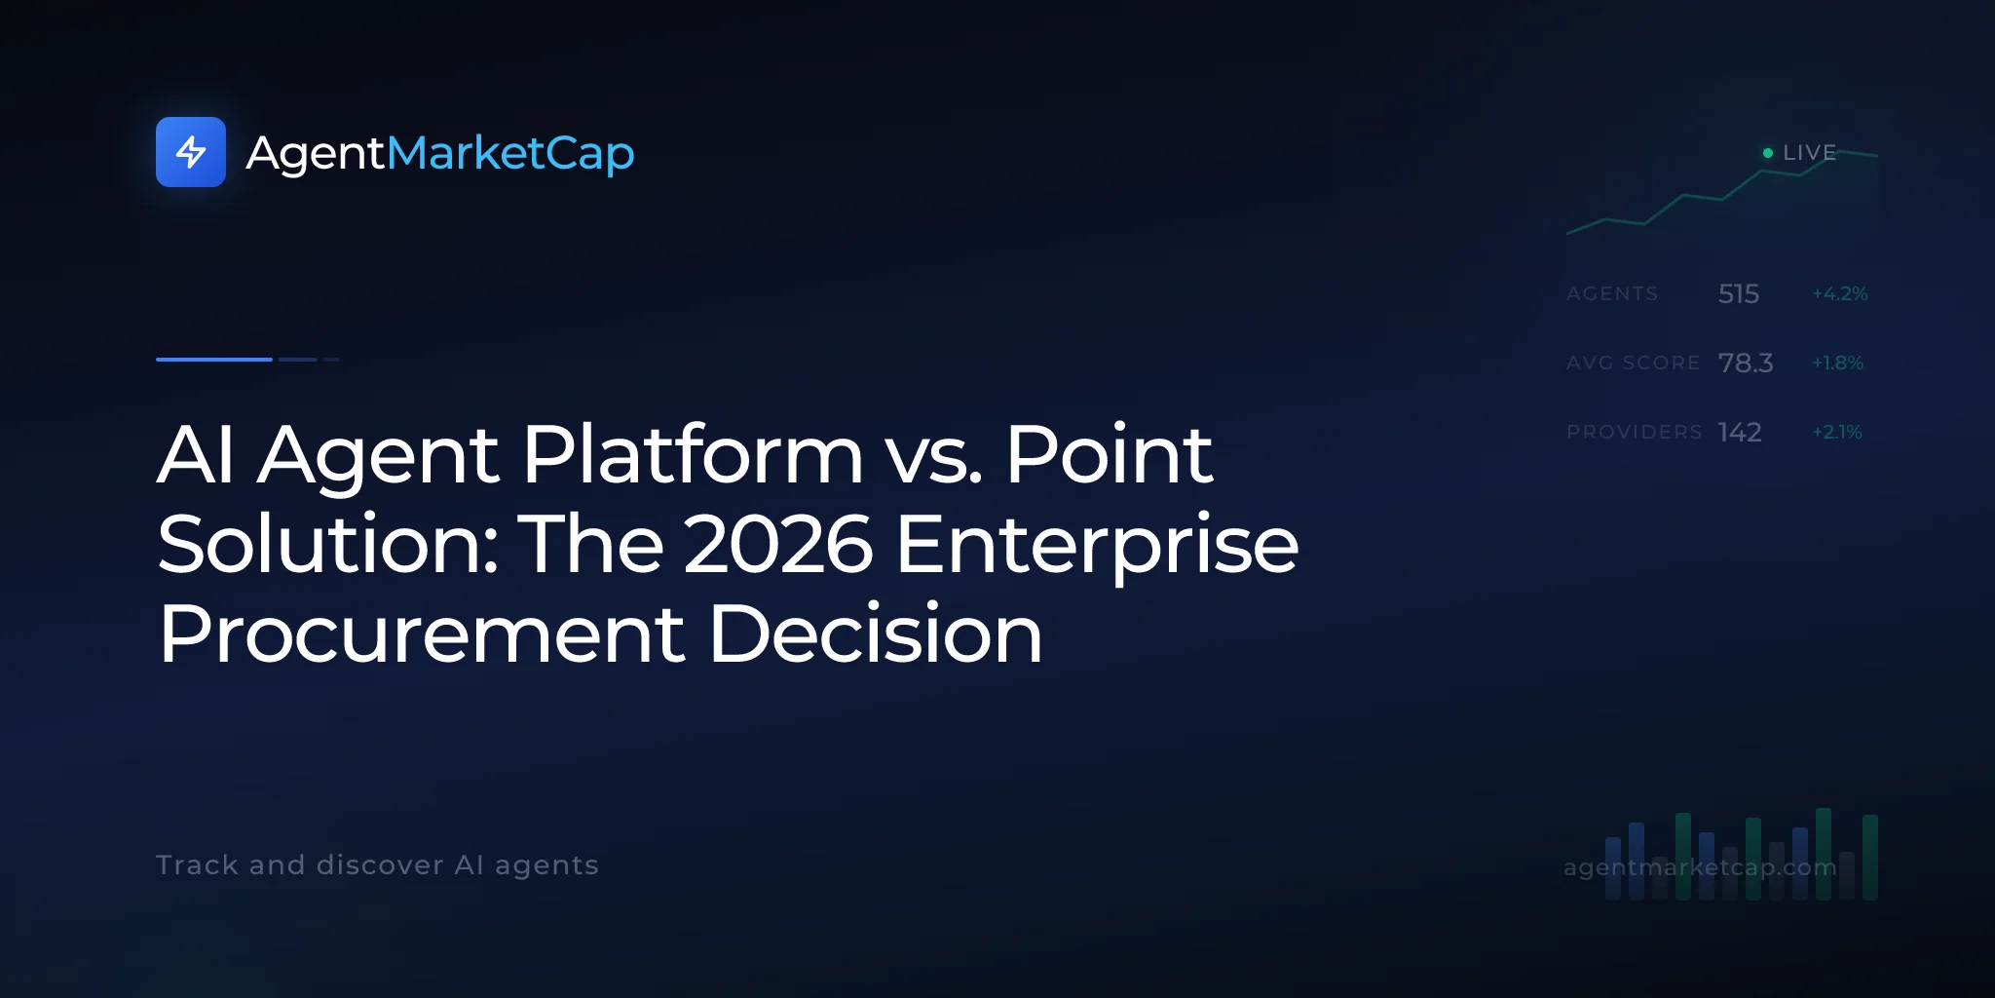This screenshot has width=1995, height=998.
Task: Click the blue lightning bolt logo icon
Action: (191, 152)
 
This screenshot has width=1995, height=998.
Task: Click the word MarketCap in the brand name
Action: (510, 154)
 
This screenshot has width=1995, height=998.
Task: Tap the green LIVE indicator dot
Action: (1768, 153)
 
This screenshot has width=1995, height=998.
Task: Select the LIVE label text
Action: (1809, 153)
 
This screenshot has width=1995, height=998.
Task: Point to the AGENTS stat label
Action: (1612, 293)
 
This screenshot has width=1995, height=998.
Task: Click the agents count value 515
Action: (1739, 293)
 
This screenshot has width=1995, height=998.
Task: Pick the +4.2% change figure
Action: (1840, 293)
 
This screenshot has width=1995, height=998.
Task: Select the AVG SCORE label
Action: (1634, 363)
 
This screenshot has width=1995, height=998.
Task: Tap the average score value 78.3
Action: (1746, 363)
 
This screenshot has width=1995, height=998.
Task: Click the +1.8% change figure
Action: (1837, 363)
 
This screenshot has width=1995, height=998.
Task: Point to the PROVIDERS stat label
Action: (1635, 432)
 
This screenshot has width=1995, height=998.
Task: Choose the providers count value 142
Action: (1740, 432)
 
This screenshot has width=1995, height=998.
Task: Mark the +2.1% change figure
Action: (1837, 432)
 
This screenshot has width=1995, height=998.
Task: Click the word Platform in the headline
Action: (693, 454)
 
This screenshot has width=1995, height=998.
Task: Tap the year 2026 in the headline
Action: (778, 544)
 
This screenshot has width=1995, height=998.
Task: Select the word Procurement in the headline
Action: (422, 634)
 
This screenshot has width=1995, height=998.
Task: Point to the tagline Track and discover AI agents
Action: (377, 865)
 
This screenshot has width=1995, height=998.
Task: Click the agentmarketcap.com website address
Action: (1700, 866)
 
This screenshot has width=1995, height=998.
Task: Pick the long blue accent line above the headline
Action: (214, 360)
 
